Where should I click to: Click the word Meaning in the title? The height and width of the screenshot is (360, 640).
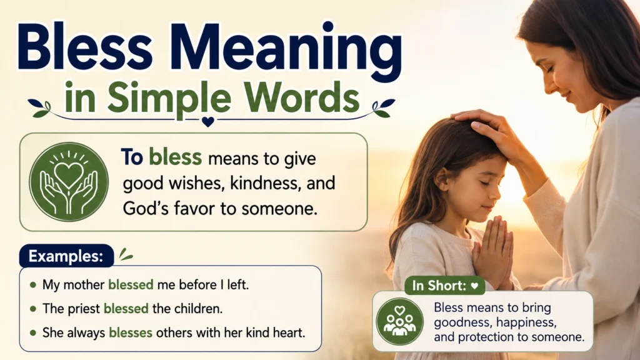pyautogui.click(x=289, y=51)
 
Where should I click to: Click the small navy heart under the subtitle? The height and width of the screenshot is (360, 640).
pyautogui.click(x=207, y=122)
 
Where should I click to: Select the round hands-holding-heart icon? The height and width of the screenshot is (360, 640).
pyautogui.click(x=69, y=182)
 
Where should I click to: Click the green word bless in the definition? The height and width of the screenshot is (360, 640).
pyautogui.click(x=175, y=157)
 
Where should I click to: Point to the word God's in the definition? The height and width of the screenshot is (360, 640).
pyautogui.click(x=146, y=208)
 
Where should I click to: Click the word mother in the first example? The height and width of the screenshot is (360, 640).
pyautogui.click(x=84, y=284)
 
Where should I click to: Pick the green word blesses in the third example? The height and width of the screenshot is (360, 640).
pyautogui.click(x=131, y=332)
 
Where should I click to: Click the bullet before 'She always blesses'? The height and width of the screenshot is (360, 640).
pyautogui.click(x=33, y=332)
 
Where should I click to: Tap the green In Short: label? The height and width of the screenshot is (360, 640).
pyautogui.click(x=445, y=286)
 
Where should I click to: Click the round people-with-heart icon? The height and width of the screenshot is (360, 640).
pyautogui.click(x=399, y=321)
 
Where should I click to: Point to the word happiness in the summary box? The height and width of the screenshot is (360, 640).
pyautogui.click(x=526, y=322)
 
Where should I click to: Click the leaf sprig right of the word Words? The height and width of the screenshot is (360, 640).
pyautogui.click(x=383, y=107)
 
